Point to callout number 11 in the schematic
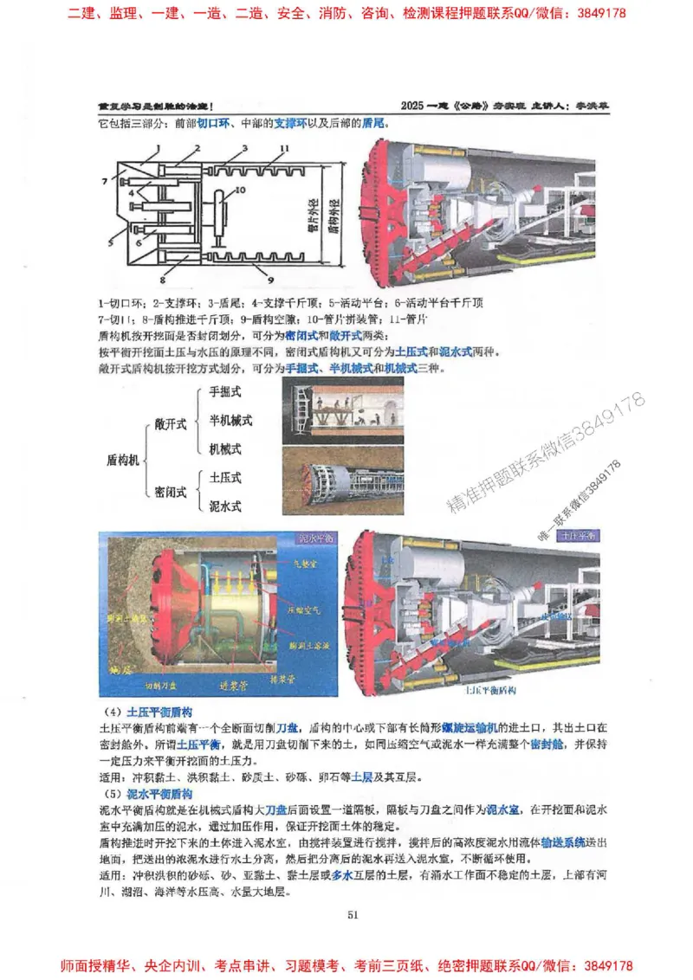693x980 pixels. tap(283, 150)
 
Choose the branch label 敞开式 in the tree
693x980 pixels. tap(171, 423)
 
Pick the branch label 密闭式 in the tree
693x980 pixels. tap(171, 492)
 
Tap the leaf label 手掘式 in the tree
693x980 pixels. tap(224, 391)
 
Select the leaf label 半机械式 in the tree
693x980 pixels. tap(230, 420)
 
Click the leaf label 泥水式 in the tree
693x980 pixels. tap(224, 505)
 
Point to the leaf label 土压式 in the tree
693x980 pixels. tap(224, 477)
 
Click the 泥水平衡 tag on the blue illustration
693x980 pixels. tap(314, 538)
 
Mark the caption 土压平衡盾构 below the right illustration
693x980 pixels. tap(490, 692)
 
